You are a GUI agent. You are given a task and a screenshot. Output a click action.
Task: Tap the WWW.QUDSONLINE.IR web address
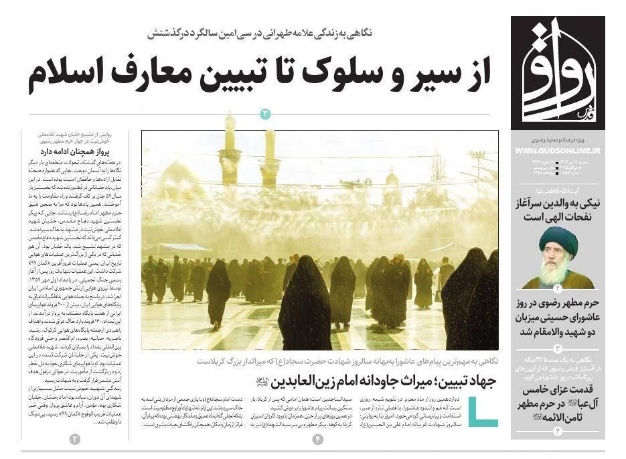coord(558,151)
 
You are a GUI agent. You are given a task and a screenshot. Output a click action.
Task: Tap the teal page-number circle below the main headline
coord(265,114)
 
